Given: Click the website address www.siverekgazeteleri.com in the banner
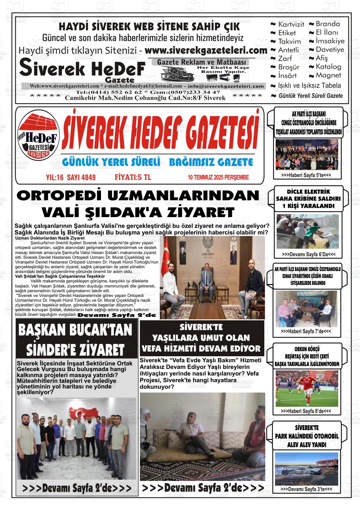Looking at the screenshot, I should (x=206, y=50).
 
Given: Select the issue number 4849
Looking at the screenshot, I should (x=88, y=177).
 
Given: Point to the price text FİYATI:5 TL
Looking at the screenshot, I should (x=133, y=177).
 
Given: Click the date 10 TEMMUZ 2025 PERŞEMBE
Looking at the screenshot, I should (x=218, y=177).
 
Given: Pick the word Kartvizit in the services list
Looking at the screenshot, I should (x=291, y=24).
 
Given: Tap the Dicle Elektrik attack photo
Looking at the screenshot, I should (x=307, y=232).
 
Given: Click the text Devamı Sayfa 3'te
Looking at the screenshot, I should (x=306, y=489).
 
